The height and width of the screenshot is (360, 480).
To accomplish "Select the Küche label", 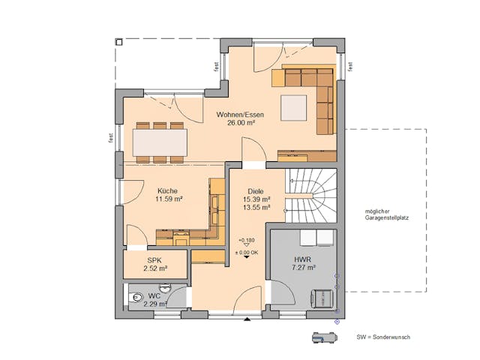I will pos(169,190).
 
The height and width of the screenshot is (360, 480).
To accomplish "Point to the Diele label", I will pos(256,190).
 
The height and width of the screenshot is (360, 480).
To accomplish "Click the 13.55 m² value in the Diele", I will pos(256,208).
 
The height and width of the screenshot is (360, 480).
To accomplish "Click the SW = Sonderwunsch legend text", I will pos(382,337).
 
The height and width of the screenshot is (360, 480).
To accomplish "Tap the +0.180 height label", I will pos(246,240).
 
